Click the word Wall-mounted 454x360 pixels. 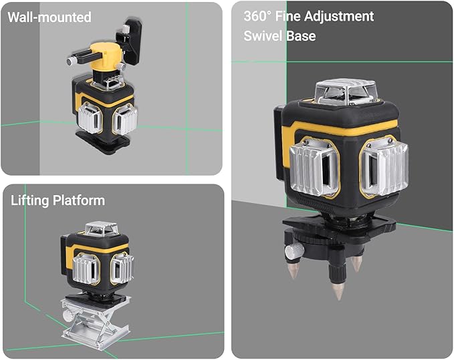[49, 17]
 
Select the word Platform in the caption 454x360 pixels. [80, 200]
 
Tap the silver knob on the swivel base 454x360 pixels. [293, 252]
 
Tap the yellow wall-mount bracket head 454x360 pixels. [108, 56]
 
